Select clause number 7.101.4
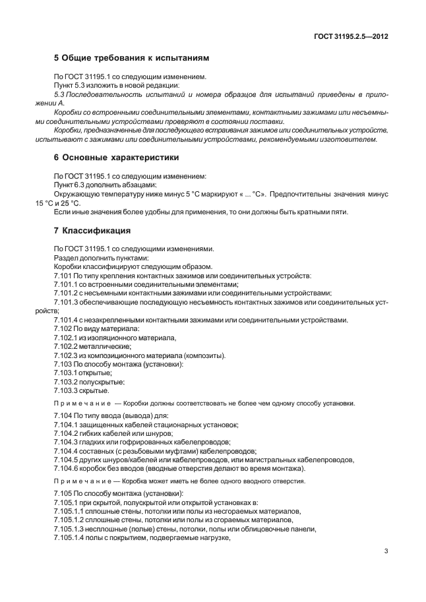[x=65, y=320]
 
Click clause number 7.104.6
[x=65, y=467]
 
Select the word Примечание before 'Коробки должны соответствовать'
[x=82, y=403]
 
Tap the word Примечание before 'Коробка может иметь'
[x=82, y=481]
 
